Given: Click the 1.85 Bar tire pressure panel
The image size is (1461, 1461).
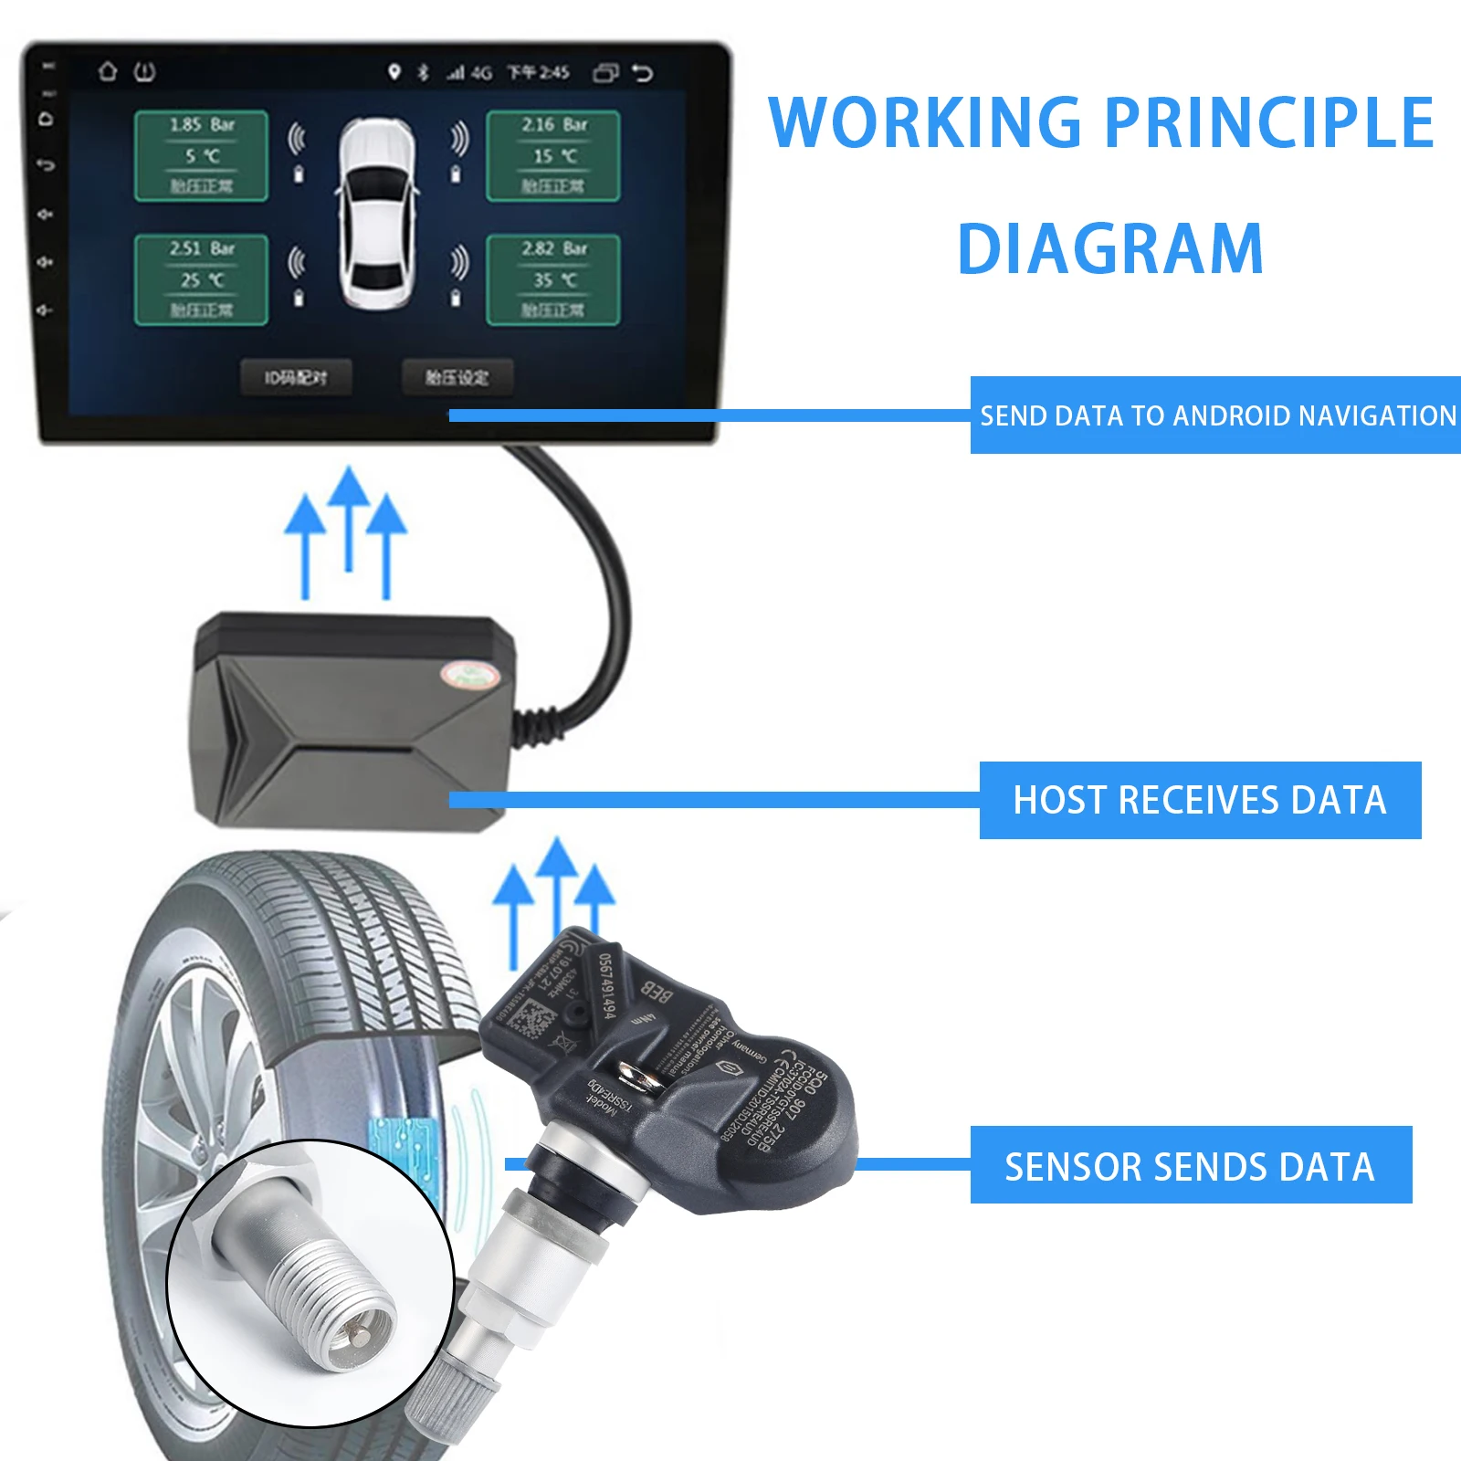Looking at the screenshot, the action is click(x=201, y=155).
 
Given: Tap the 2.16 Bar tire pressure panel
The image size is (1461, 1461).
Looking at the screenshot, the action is click(x=553, y=155).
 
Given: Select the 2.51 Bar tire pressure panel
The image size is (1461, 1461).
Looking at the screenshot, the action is click(x=201, y=279).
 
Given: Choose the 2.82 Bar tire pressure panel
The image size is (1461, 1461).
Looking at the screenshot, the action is click(x=553, y=279).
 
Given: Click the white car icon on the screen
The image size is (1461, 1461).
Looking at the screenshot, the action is click(x=377, y=214).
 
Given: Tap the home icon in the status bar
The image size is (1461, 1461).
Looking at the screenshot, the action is click(x=108, y=71).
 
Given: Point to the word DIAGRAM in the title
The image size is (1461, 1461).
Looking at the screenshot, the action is click(x=1109, y=249).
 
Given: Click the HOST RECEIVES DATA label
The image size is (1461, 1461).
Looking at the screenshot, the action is click(x=1200, y=800).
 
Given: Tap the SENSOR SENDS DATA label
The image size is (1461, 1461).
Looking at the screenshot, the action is click(x=1190, y=1166).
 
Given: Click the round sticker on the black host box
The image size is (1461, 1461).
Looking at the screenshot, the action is click(x=468, y=676).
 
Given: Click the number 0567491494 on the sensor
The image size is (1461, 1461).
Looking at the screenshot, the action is click(x=607, y=985).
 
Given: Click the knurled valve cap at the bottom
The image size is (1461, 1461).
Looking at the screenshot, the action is click(x=452, y=1407).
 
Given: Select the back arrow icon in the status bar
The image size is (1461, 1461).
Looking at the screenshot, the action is click(x=643, y=72).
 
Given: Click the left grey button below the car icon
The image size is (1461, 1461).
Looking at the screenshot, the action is click(x=296, y=377).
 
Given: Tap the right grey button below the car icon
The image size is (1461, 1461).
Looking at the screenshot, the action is click(x=457, y=377).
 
